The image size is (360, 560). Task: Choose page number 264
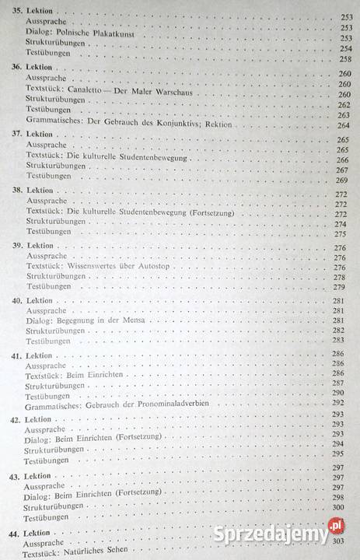pyautogui.click(x=344, y=125)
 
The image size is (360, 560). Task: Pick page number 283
pyautogui.click(x=338, y=340)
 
